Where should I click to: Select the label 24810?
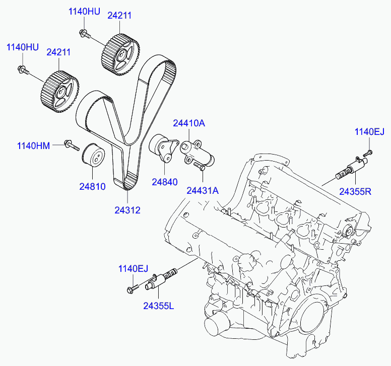pos(92,186)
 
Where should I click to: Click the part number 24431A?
pos(203,191)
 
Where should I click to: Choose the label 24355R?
pos(356,191)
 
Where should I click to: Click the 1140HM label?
pos(33,146)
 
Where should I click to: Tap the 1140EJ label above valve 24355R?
pos(369,132)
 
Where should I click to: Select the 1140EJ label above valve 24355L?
pos(134,268)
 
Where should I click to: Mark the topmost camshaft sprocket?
pos(119,52)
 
